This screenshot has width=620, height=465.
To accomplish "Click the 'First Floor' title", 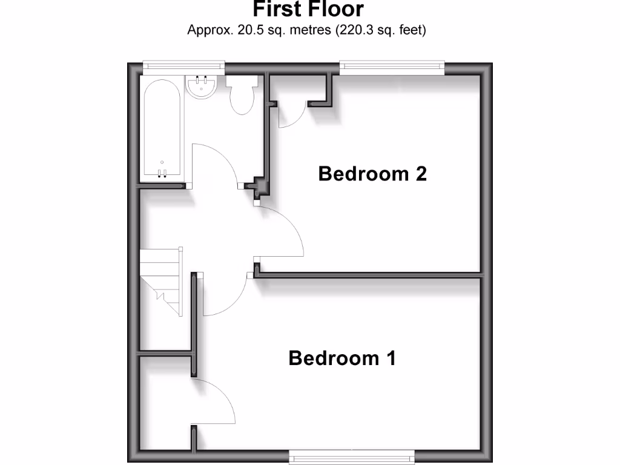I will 308,9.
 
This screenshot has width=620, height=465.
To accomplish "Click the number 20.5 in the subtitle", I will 246,29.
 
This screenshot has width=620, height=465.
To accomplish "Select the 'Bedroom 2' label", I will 372,174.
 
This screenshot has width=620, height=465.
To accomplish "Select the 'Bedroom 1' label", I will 342,358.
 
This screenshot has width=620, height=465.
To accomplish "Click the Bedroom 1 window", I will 351,455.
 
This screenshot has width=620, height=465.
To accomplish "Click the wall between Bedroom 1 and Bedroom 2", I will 369,276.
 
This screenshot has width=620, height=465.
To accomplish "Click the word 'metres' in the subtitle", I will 308,29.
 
